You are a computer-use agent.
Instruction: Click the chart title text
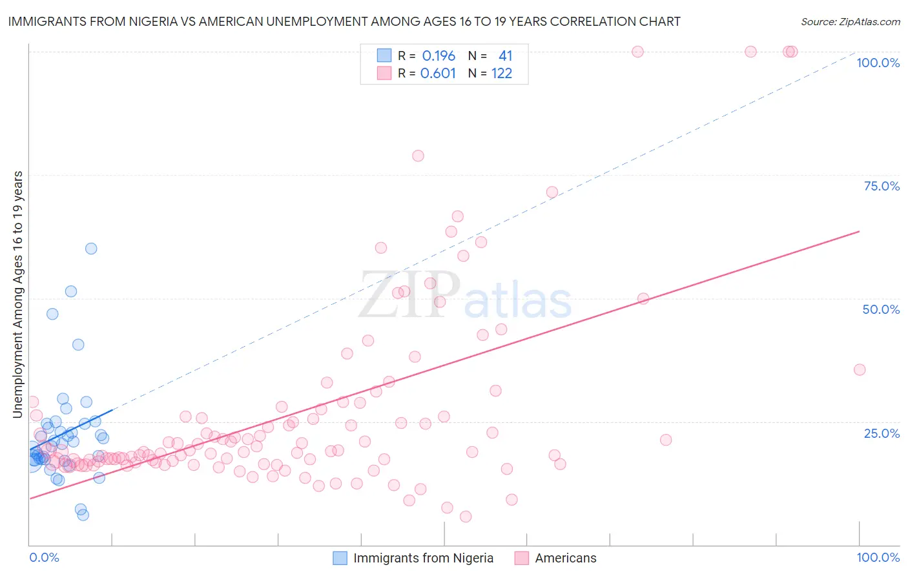click(344, 22)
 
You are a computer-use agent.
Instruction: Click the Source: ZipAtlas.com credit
click(850, 22)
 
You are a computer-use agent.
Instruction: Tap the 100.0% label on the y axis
click(878, 63)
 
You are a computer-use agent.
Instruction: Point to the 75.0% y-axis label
click(882, 186)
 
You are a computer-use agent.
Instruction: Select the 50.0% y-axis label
click(881, 309)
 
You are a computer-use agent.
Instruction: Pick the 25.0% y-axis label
click(882, 433)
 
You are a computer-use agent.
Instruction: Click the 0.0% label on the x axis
click(44, 557)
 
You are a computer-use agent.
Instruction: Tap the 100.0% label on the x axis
click(878, 557)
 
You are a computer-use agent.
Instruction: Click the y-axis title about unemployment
click(18, 294)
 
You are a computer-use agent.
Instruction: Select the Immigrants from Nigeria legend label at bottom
click(423, 558)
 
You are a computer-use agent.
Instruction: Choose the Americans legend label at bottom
click(566, 558)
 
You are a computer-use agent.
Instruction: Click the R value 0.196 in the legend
click(439, 56)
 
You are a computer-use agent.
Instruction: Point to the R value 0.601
click(438, 74)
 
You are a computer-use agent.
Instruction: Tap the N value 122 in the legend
click(502, 74)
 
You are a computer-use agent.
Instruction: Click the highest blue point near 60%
click(91, 249)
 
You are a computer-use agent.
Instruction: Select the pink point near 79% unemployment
click(418, 156)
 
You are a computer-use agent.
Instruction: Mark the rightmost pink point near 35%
click(860, 370)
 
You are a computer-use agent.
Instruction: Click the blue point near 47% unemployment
click(52, 314)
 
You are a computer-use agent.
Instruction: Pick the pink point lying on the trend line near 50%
click(643, 298)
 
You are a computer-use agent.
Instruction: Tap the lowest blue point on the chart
click(83, 515)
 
